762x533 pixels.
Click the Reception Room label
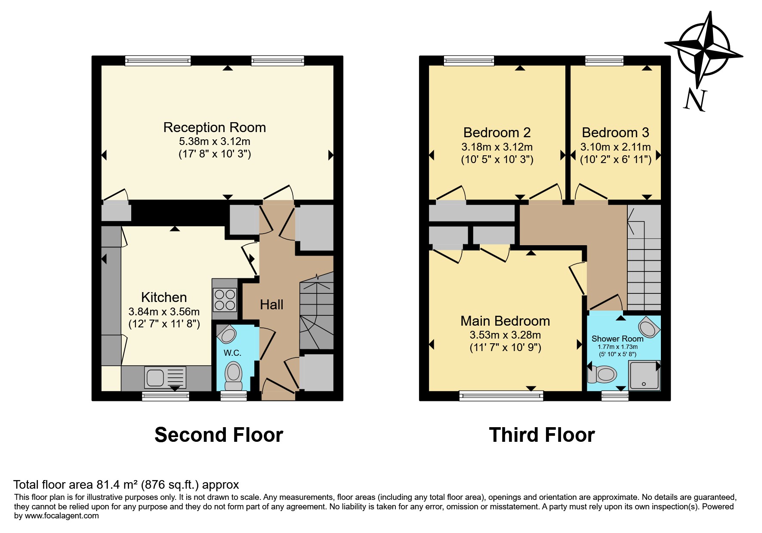tap(214, 127)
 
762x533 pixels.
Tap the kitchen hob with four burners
tap(225, 300)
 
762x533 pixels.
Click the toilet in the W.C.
tap(234, 374)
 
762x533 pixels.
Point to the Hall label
tap(271, 305)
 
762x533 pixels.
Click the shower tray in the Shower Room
tap(644, 375)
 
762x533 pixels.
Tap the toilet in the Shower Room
tap(603, 374)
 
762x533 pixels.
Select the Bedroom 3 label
tap(615, 132)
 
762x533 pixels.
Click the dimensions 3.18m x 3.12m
tap(497, 147)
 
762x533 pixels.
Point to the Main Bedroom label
tap(505, 321)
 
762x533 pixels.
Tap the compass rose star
tap(704, 48)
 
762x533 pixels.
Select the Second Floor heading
tap(219, 435)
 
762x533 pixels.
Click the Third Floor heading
tap(542, 435)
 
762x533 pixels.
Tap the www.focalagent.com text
tap(62, 516)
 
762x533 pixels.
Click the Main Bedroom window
tap(501, 395)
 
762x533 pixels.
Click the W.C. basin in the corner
tap(226, 334)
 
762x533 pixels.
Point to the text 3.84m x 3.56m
tap(164, 311)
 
